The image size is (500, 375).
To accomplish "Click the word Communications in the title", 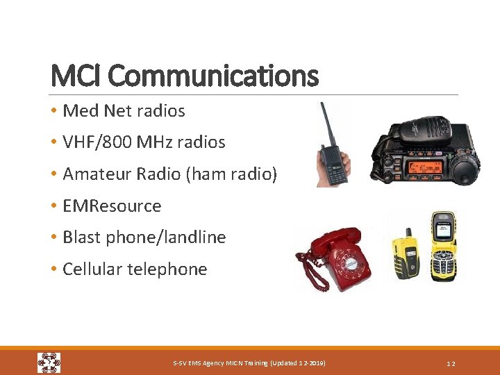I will [x=213, y=75].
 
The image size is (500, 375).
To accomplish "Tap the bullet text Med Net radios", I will [x=124, y=110].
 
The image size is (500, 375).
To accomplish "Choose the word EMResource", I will [x=112, y=206].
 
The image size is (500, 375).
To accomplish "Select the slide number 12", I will [x=451, y=363].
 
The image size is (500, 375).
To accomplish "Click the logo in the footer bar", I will [x=49, y=362].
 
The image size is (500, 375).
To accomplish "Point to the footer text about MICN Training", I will [x=249, y=363].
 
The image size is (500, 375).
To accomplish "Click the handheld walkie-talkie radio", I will [x=333, y=157].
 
